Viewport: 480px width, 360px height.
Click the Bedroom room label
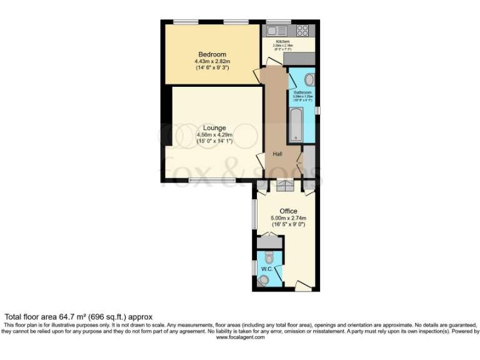[x=212, y=54]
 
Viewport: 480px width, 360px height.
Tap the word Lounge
[x=214, y=128]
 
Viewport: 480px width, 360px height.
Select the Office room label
[x=288, y=211]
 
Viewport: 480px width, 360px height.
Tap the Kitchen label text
[x=283, y=41]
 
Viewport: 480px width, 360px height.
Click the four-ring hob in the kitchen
[x=303, y=29]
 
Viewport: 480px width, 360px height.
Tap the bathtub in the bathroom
[x=295, y=125]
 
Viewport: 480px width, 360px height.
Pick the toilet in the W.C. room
[x=269, y=257]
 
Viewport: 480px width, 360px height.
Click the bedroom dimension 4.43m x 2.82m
[x=212, y=62]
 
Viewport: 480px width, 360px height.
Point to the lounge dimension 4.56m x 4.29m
[x=214, y=135]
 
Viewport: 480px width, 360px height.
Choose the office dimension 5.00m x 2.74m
[x=288, y=218]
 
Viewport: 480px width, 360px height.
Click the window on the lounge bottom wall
[x=212, y=181]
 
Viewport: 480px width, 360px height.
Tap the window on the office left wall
[x=254, y=214]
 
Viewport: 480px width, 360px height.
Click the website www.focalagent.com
[x=240, y=337]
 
